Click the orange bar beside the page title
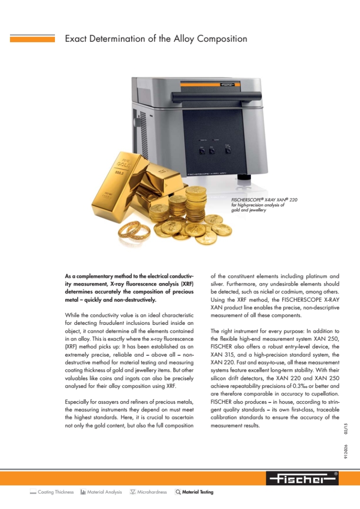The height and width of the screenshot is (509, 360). click(32, 39)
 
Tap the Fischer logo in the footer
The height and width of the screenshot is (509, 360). click(302, 479)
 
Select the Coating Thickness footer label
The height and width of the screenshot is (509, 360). click(55, 492)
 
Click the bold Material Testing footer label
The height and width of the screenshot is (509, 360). click(198, 492)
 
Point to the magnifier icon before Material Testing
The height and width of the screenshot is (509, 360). click(178, 492)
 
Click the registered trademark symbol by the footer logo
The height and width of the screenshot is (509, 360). click(336, 473)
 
